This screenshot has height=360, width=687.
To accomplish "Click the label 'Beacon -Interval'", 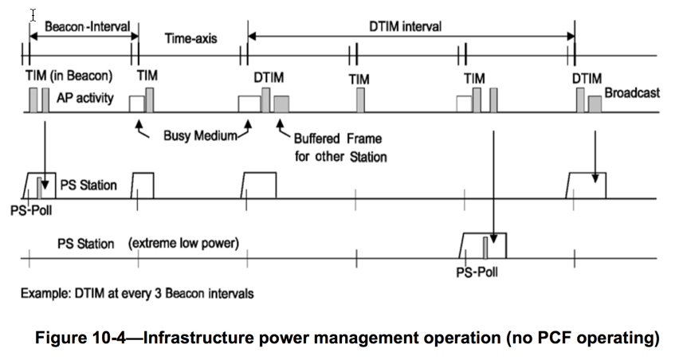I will tap(87, 26).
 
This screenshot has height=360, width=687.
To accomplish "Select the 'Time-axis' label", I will tap(190, 37).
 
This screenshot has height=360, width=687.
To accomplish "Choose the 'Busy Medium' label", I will tap(200, 135).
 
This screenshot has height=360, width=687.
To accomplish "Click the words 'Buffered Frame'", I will tap(338, 139).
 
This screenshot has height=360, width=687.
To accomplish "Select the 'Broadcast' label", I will tap(632, 93).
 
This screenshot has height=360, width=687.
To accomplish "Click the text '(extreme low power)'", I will tap(184, 242).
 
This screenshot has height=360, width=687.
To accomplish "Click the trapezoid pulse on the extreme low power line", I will tap(484, 244).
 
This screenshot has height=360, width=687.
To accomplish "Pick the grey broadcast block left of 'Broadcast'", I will tap(595, 104).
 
